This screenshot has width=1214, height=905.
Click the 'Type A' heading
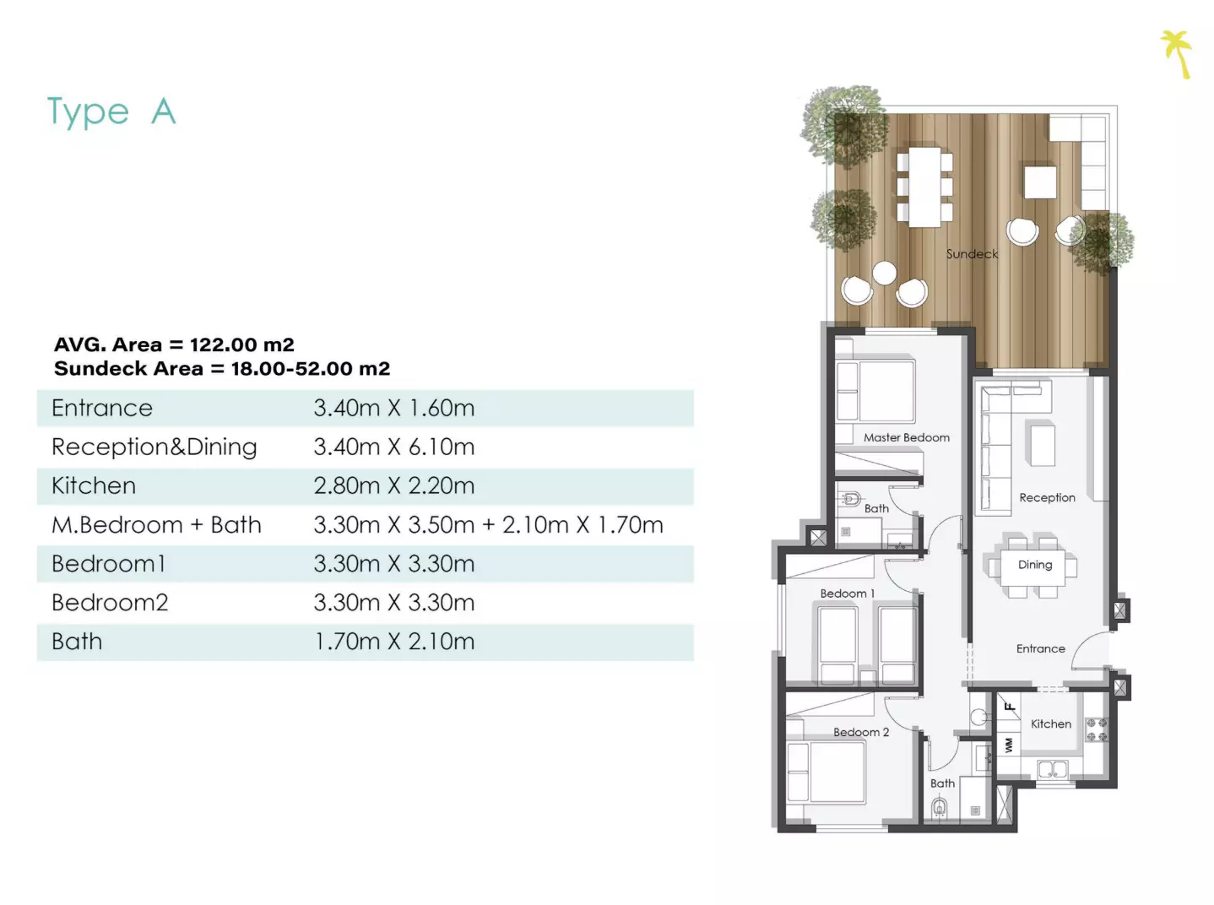coord(111,111)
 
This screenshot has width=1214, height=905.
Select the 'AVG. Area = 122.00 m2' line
coord(174,344)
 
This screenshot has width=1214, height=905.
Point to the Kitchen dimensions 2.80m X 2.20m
coord(393,486)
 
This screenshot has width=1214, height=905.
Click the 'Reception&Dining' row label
coord(154,447)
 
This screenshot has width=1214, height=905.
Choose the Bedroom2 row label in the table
coord(110,603)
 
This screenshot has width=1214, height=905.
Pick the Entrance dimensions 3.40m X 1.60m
coord(393,408)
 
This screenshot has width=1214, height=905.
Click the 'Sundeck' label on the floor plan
coord(972,254)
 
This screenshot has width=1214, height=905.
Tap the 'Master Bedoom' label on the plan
coord(907,437)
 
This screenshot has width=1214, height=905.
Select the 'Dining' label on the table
coord(1035,565)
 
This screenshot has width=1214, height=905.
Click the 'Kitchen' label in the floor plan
coord(1051,723)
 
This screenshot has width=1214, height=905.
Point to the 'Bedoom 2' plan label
coord(861,732)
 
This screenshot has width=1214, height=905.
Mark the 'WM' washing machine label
coord(1009,745)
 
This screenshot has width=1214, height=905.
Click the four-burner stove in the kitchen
coord(1097,729)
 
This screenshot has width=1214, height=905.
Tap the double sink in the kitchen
coord(1053,769)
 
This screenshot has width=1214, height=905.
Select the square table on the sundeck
coord(1040,182)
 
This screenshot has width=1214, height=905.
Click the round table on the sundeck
coord(885,274)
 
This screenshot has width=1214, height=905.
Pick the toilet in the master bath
coord(850,500)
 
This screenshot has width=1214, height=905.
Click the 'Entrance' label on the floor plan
coord(1040,648)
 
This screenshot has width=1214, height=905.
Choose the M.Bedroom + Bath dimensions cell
coord(488,525)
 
